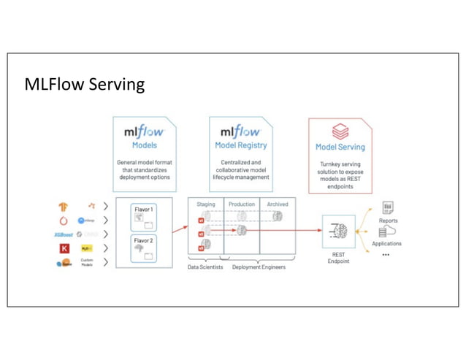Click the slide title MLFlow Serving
point(85,85)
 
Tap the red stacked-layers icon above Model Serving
point(340,131)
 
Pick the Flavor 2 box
point(144,248)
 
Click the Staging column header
point(206,204)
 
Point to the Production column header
point(242,204)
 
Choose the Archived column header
point(278,204)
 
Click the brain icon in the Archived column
point(278,216)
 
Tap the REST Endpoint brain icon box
point(339,231)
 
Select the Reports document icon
point(388,208)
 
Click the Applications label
point(386,243)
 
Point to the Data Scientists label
point(205,267)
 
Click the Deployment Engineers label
point(259,267)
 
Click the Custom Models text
point(87,262)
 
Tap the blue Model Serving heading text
point(340,147)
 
